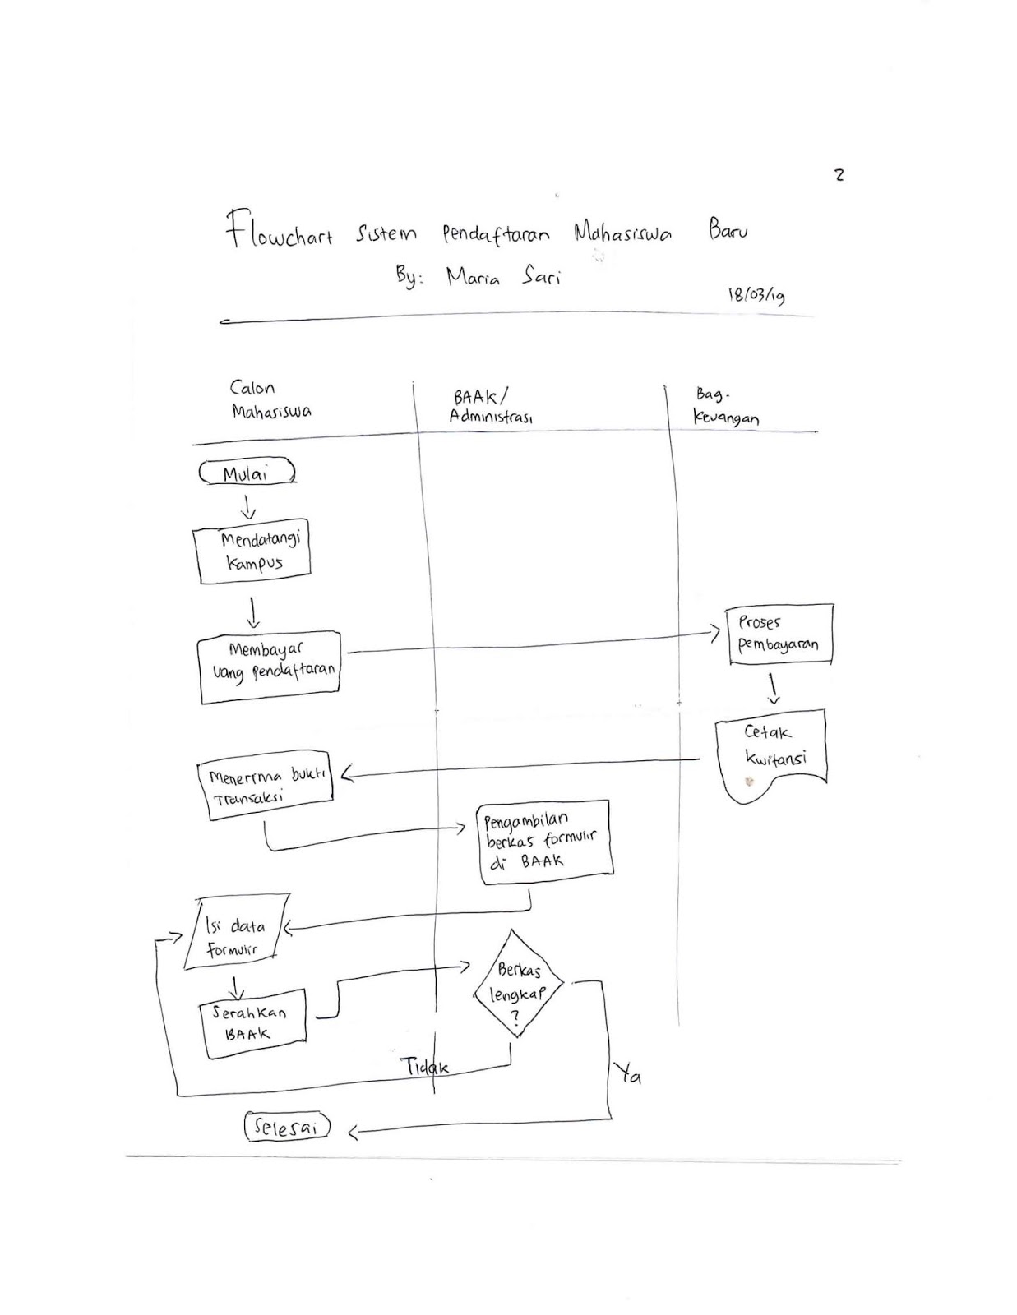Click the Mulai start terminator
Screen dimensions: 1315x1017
click(x=247, y=473)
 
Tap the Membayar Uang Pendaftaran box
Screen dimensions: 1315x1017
click(x=270, y=667)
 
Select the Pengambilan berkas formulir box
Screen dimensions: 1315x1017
click(x=544, y=842)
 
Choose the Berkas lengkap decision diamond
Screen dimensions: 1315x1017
click(x=518, y=983)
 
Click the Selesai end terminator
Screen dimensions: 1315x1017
click(x=287, y=1127)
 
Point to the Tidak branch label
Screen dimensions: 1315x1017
click(x=424, y=1067)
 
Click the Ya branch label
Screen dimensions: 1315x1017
click(x=627, y=1073)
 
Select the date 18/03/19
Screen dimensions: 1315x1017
click(x=756, y=294)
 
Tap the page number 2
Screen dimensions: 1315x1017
click(x=839, y=174)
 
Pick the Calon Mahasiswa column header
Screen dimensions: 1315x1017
click(x=269, y=399)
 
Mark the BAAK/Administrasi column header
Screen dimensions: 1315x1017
click(x=491, y=407)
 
